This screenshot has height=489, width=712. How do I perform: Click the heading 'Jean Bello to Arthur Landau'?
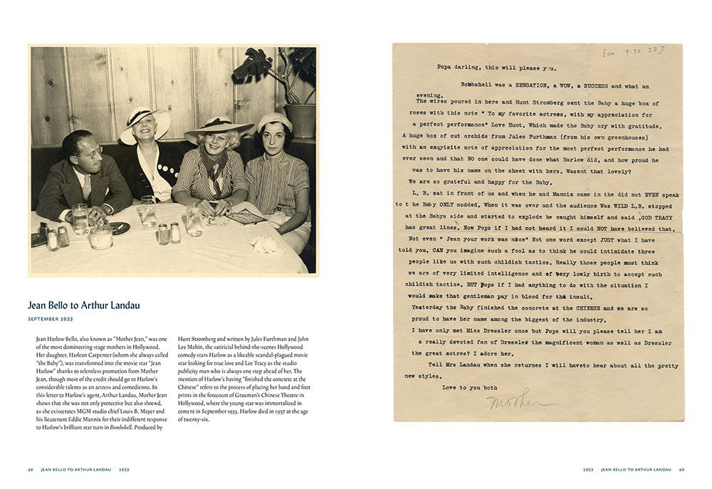84,305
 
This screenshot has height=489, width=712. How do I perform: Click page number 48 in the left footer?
31,469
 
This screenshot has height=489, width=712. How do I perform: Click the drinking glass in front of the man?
80,217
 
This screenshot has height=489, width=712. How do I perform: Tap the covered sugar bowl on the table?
100,236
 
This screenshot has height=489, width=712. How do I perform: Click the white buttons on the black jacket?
164,169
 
